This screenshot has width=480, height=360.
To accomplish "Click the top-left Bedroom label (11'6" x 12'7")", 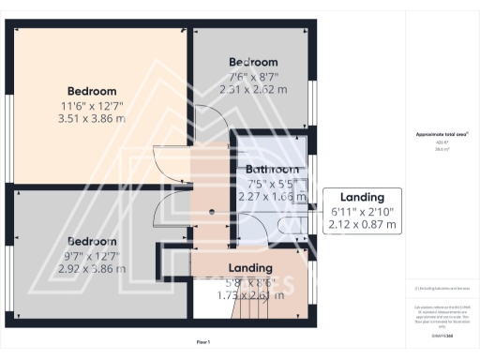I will pyautogui.click(x=91, y=90).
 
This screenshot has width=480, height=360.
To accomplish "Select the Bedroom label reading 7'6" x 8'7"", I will pyautogui.click(x=254, y=62).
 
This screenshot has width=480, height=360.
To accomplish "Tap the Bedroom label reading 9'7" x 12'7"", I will pyautogui.click(x=91, y=240).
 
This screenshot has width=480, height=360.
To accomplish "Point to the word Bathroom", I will pyautogui.click(x=273, y=170).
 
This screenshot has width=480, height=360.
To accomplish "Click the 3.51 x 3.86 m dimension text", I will pyautogui.click(x=91, y=119).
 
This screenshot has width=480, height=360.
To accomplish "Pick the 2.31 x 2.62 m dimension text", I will pyautogui.click(x=254, y=90).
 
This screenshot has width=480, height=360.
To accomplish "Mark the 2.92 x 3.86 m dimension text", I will pyautogui.click(x=91, y=268).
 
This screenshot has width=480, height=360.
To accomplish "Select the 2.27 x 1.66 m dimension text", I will pyautogui.click(x=273, y=198).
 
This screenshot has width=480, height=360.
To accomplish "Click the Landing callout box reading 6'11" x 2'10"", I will pyautogui.click(x=362, y=211).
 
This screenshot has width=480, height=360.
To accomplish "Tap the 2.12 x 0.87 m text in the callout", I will pyautogui.click(x=362, y=226).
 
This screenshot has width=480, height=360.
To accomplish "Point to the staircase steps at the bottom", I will pyautogui.click(x=247, y=305).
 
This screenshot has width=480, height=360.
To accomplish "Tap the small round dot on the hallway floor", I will pyautogui.click(x=213, y=212).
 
